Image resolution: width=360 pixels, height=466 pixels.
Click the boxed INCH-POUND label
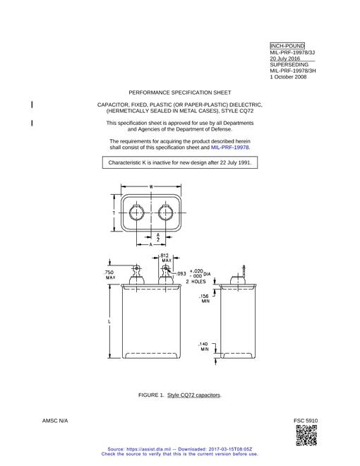click(x=287, y=46)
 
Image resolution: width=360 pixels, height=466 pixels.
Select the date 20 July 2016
click(x=285, y=59)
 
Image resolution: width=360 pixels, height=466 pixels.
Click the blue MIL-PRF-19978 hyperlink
click(x=230, y=148)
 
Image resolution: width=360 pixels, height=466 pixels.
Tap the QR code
click(x=306, y=435)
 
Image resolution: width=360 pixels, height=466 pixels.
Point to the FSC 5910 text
click(x=306, y=421)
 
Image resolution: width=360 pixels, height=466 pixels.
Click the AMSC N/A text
click(x=55, y=421)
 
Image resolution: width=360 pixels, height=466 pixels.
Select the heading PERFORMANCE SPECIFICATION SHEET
click(x=180, y=92)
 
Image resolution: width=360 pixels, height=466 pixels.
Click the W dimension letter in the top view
click(x=151, y=187)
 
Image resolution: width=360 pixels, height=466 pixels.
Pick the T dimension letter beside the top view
click(x=114, y=213)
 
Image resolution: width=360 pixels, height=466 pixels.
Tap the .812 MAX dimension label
click(x=164, y=258)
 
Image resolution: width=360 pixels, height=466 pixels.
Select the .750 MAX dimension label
click(x=109, y=275)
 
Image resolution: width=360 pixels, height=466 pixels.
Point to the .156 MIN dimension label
click(x=205, y=299)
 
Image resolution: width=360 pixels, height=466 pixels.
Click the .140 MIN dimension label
click(x=204, y=347)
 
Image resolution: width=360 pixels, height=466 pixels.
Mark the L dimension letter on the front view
click(x=109, y=322)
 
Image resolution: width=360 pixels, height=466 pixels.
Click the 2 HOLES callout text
click(x=196, y=282)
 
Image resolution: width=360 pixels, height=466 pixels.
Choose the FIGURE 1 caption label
click(x=151, y=395)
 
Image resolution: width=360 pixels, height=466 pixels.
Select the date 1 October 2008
click(x=288, y=77)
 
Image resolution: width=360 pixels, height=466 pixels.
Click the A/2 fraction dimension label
click(x=158, y=237)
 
